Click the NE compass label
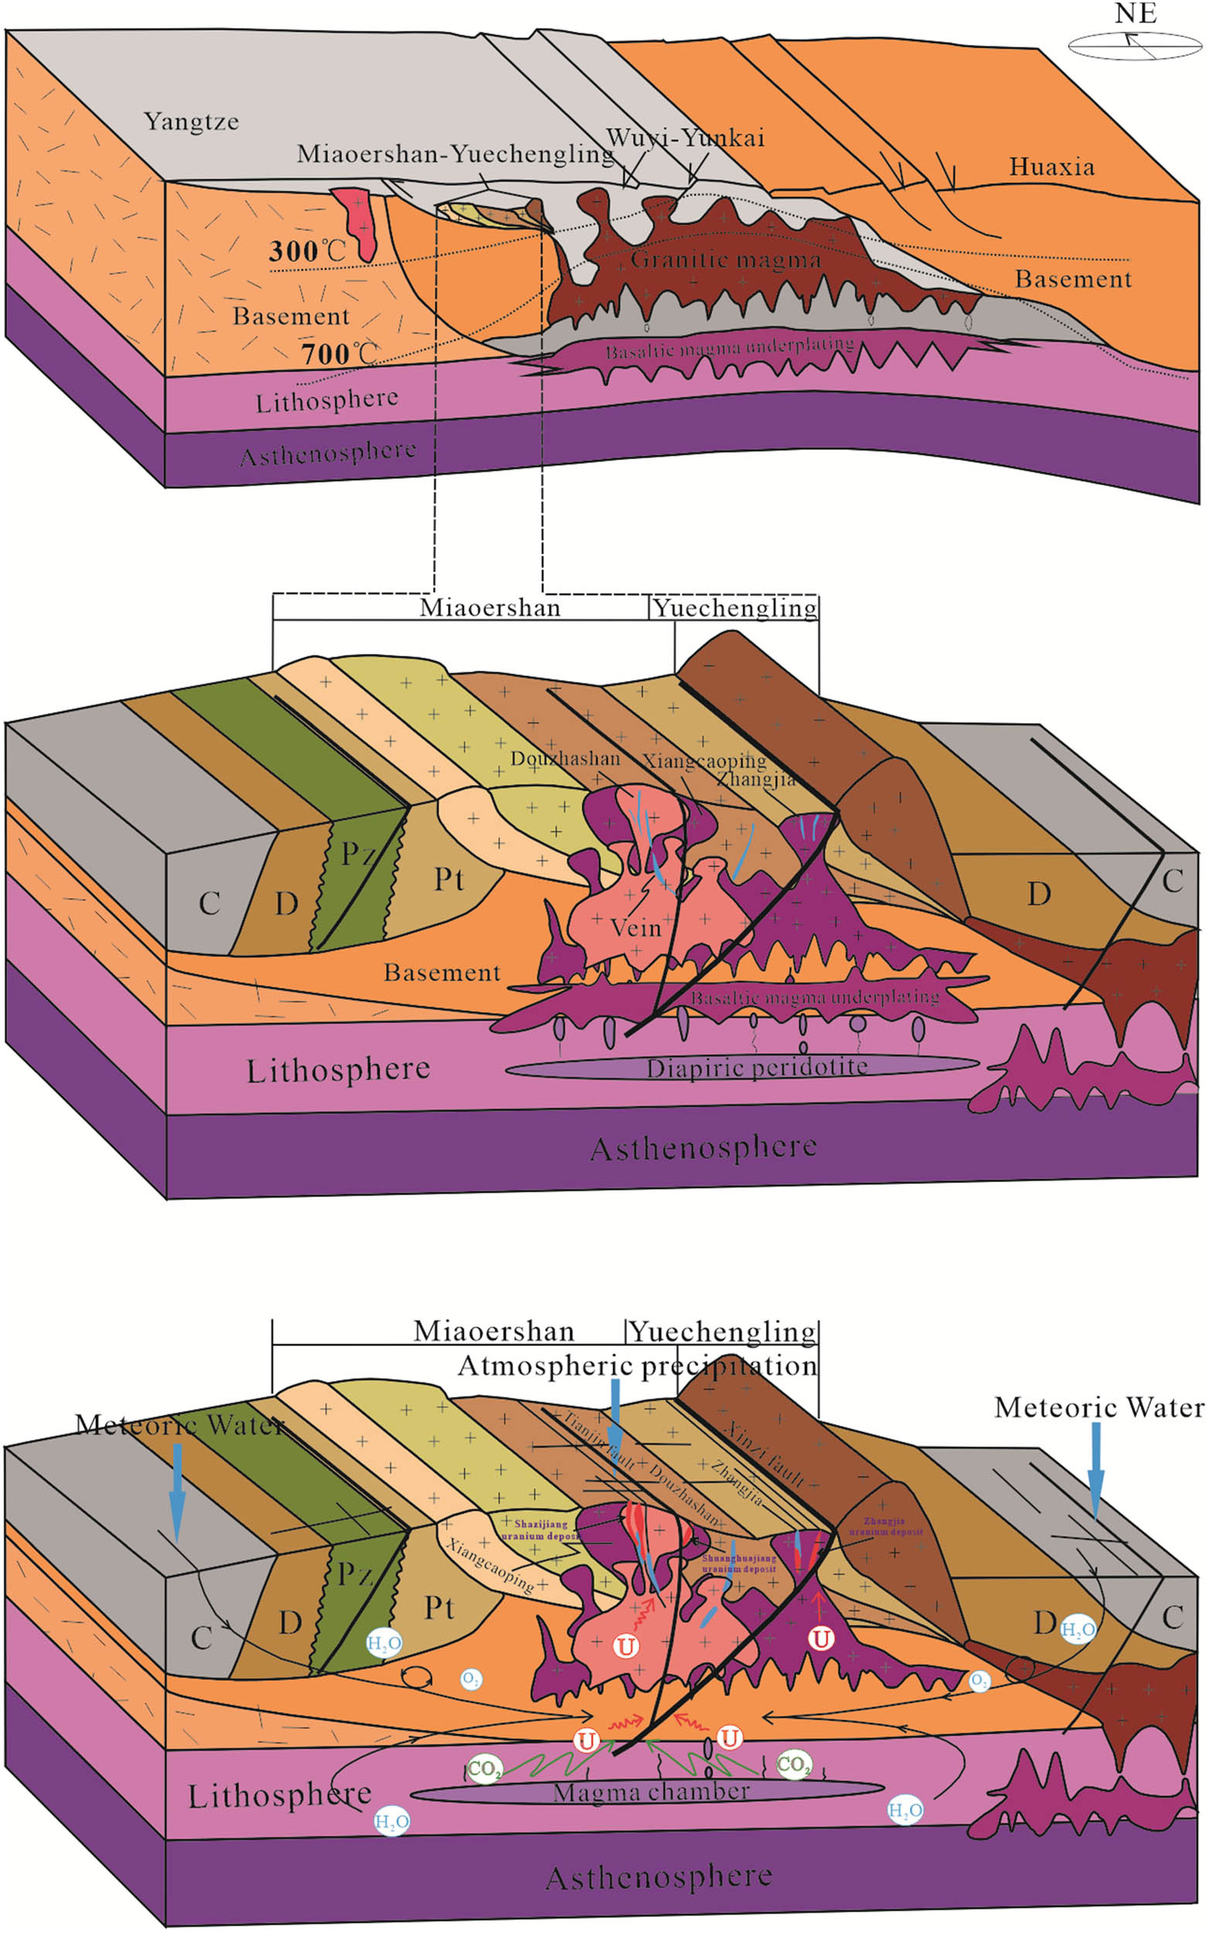pos(1135,13)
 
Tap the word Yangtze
pos(191,122)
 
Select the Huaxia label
pos(1051,167)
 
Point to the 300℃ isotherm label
pos(306,251)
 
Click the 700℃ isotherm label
pos(338,353)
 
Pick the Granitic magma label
pos(725,259)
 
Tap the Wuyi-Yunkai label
pos(685,138)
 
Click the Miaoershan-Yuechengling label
pos(455,154)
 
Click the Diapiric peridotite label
pos(757,1067)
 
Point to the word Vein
pos(635,928)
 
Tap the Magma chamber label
pos(651,1791)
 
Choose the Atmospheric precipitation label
pos(637,1365)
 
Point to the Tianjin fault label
pos(599,1440)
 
